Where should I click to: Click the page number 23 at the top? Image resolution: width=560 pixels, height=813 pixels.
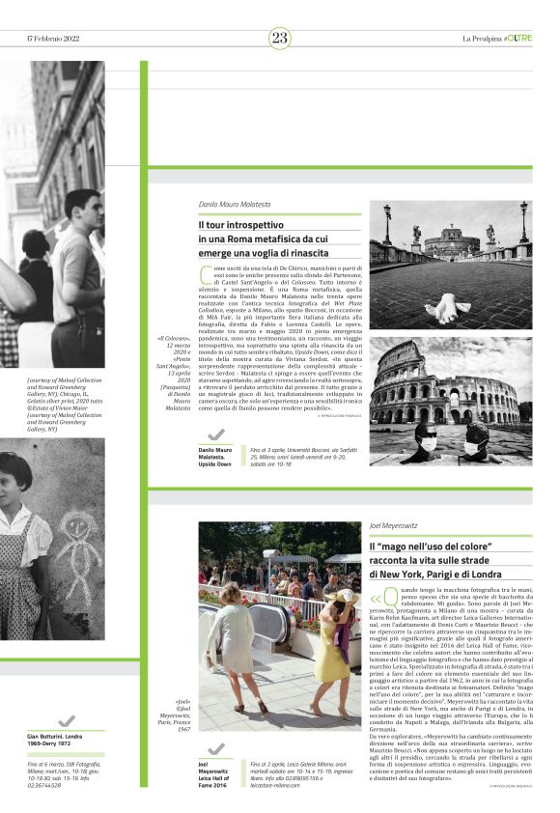(x=279, y=38)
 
